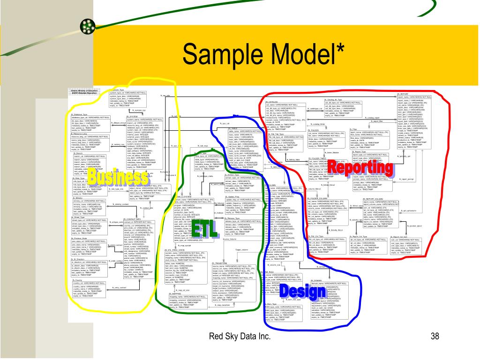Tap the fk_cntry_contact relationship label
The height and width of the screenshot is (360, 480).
click(x=120, y=287)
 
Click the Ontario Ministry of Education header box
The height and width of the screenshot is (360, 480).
click(x=84, y=92)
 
